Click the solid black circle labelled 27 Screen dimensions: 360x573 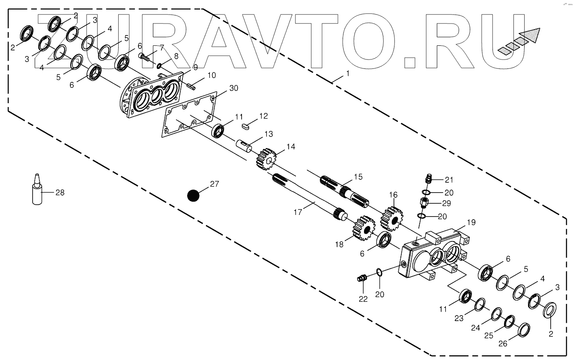[194, 196]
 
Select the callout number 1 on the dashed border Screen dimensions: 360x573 [348, 74]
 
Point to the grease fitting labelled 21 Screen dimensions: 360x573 [428, 178]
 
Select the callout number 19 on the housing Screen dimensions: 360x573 [471, 222]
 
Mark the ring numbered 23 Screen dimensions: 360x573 [480, 304]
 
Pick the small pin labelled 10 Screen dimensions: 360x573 [191, 85]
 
